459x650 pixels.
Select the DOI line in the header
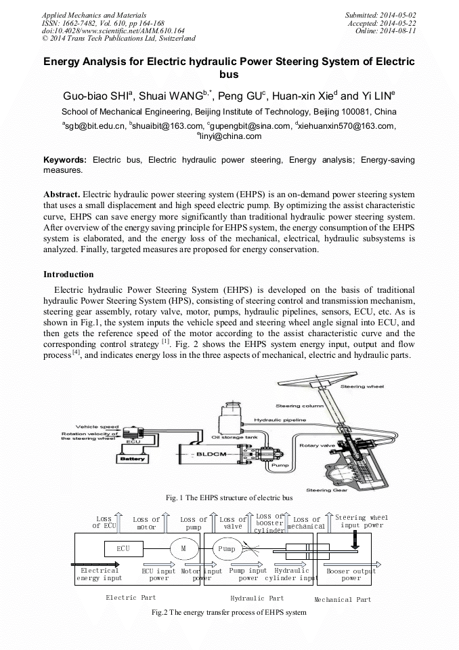(113, 31)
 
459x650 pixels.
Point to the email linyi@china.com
(230, 136)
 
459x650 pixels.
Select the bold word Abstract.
(62, 193)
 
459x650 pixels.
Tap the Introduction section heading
(68, 275)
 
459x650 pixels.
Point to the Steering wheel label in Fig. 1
(362, 386)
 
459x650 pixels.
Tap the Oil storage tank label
(234, 437)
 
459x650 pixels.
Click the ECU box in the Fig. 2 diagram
(123, 548)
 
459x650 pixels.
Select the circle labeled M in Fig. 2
(182, 548)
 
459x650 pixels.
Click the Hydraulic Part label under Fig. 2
(257, 598)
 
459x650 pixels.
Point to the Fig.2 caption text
(229, 612)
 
